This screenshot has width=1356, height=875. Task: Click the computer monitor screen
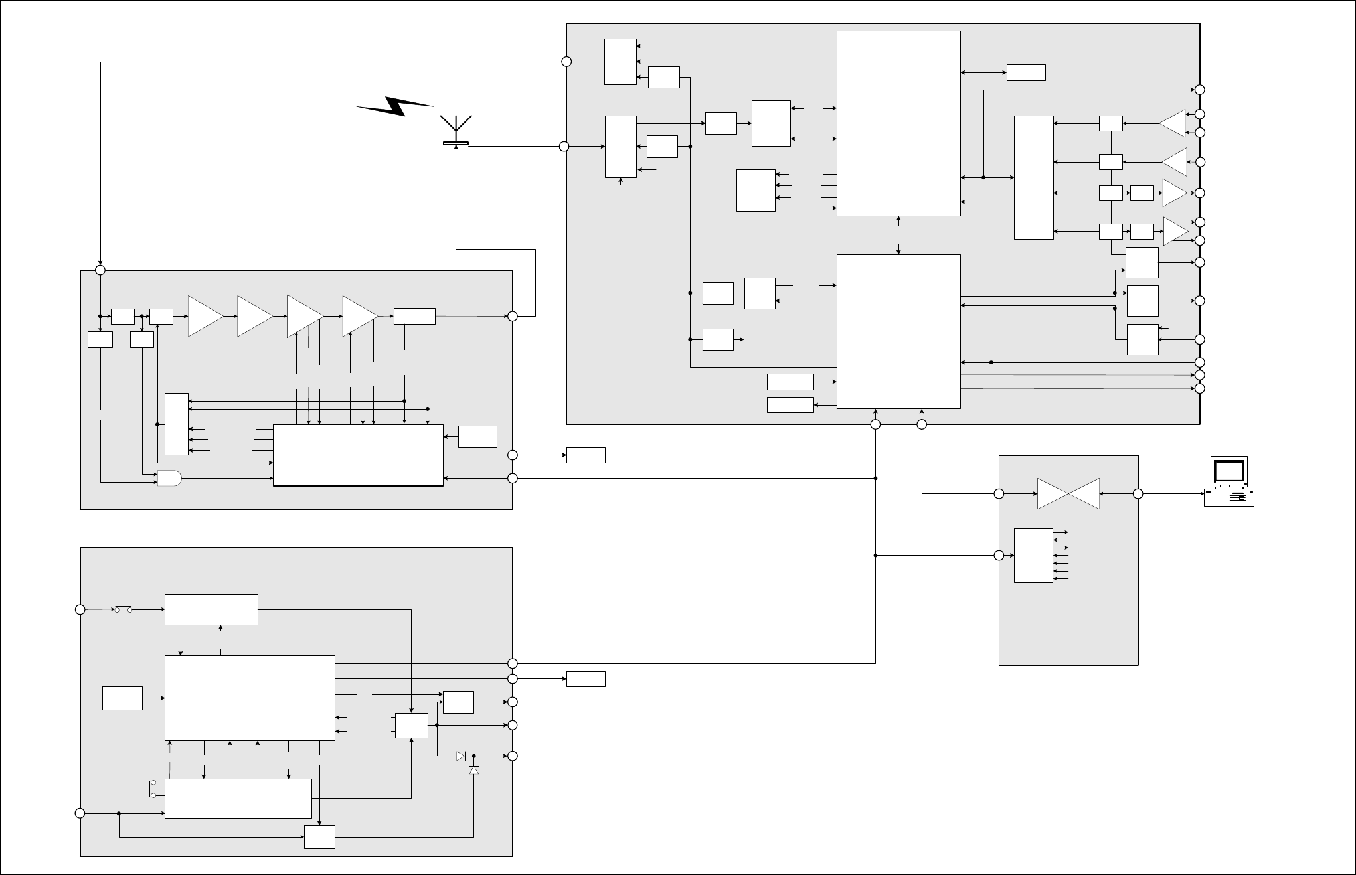coord(1229,471)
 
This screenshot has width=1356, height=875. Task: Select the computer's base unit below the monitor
coord(1229,498)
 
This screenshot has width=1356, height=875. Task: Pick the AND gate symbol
coord(169,478)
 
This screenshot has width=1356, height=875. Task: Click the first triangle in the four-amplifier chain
coord(205,317)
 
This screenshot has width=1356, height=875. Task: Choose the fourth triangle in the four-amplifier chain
coord(359,317)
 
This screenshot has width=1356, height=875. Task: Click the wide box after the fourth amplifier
coord(414,317)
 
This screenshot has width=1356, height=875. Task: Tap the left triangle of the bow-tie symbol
coord(1053,494)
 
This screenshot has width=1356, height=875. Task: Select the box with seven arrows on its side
coord(1033,556)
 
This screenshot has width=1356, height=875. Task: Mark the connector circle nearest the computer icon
coord(1138,494)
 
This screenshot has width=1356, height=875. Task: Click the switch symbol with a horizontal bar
coord(124,609)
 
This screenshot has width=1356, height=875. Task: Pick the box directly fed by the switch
coord(211,609)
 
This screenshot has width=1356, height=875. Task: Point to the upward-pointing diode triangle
coord(473,770)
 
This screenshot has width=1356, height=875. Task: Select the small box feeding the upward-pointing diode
coord(319,837)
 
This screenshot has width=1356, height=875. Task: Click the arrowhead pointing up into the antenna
coord(456,149)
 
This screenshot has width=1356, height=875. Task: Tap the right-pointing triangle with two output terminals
coord(1175,230)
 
